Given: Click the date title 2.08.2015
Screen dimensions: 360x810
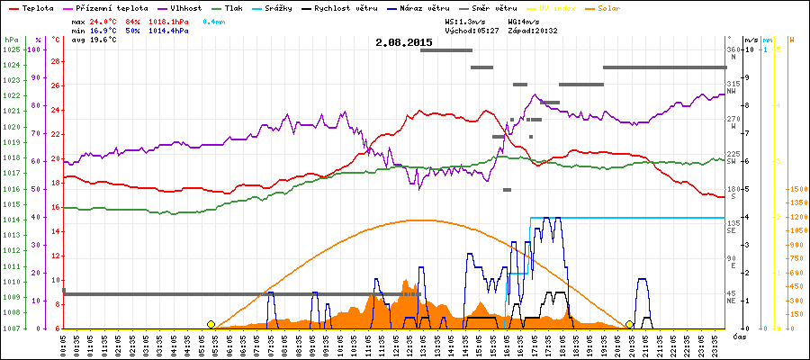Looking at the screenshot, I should (x=404, y=42).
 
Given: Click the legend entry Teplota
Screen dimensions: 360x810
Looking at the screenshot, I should (x=31, y=7).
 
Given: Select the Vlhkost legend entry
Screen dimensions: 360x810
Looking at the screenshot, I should (x=184, y=7).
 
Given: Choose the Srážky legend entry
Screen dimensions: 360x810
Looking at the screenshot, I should (x=290, y=7).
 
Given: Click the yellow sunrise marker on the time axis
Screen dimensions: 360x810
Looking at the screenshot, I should (x=211, y=324).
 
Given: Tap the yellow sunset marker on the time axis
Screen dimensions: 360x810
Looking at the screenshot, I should (x=630, y=324).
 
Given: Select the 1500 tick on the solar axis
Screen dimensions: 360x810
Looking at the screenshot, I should (x=797, y=189).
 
